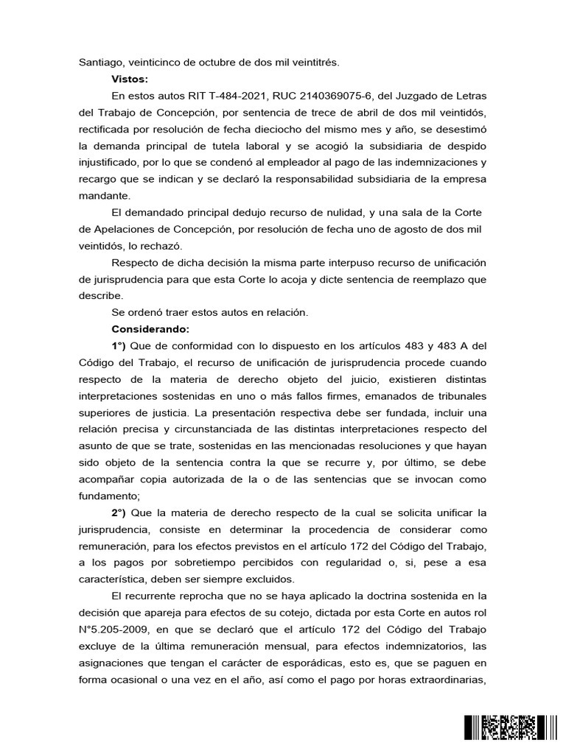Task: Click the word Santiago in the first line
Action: tap(99, 63)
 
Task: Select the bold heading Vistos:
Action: tap(130, 79)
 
